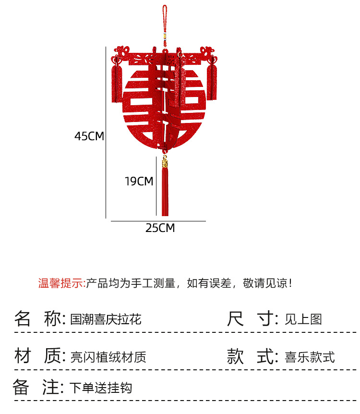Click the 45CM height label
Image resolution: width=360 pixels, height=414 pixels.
89,136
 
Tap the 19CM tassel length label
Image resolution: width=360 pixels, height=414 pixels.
139,182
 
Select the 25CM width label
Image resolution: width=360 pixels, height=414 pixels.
160,228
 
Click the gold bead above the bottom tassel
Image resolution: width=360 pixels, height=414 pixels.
165,164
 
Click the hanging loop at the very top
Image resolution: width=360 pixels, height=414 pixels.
165,14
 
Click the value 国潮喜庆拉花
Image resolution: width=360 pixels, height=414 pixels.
106,319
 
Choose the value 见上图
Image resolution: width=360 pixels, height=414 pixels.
303,319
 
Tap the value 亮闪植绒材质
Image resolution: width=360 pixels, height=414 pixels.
108,357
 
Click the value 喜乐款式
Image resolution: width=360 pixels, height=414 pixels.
310,357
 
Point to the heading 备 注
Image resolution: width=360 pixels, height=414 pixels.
38,387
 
